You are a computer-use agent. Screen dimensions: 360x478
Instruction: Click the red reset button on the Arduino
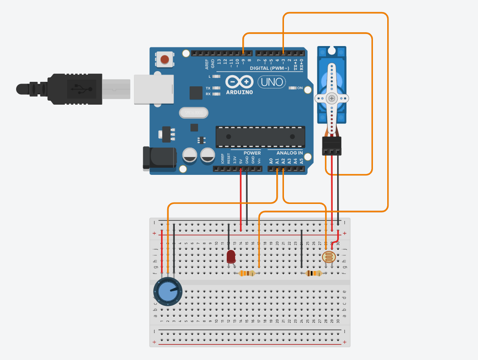pos(165,59)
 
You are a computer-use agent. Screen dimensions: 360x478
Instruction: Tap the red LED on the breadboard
pos(231,257)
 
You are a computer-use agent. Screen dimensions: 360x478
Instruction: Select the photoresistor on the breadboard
pos(329,257)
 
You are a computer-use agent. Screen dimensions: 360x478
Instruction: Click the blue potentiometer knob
pos(168,292)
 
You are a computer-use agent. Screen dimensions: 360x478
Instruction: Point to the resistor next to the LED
pos(247,273)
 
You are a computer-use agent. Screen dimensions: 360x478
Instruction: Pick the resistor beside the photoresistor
pos(313,273)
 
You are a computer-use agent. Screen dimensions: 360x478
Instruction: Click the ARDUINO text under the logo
pos(239,93)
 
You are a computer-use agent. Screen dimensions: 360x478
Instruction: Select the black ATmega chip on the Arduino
pos(260,136)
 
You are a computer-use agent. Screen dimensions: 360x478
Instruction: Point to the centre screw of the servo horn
pos(331,98)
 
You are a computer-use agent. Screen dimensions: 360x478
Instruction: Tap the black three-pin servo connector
pos(332,146)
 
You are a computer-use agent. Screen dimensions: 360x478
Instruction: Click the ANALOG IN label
pos(289,153)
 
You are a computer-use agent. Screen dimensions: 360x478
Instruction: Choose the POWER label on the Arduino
pos(252,153)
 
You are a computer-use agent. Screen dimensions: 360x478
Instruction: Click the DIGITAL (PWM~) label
pos(266,68)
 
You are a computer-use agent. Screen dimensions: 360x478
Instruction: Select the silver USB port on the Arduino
pos(154,89)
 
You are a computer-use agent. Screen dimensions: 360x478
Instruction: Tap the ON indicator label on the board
pos(300,88)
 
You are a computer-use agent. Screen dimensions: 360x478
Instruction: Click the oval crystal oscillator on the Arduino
pos(194,113)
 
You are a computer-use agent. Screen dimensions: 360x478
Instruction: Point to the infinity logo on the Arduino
pos(239,82)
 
